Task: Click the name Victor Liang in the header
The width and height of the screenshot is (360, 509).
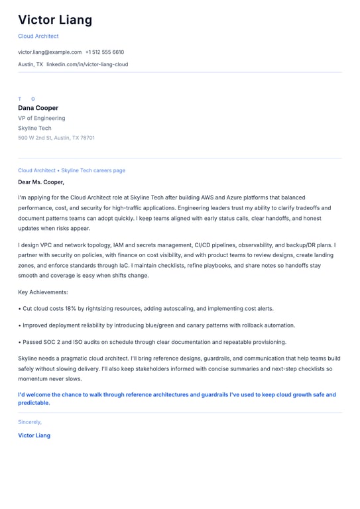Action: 55,20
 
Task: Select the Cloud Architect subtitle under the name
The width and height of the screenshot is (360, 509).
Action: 38,36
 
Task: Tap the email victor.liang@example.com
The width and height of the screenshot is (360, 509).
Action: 50,52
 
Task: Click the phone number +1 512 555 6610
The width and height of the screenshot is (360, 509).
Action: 105,52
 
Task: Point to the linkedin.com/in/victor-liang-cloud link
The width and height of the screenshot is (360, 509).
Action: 88,64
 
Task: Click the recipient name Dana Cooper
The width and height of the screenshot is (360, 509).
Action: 38,108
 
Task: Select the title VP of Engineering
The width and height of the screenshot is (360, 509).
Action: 42,118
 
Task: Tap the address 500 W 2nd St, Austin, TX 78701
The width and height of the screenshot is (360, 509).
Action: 56,138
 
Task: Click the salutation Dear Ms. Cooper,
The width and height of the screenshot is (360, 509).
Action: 41,182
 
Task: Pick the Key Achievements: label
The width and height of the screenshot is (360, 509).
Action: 43,292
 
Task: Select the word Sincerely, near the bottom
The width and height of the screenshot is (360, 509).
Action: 30,422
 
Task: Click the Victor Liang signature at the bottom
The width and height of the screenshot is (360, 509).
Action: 34,435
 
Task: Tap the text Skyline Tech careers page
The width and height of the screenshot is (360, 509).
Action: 93,170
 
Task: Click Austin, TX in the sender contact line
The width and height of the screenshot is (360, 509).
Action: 30,64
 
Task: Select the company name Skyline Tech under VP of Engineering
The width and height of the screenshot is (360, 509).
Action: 34,128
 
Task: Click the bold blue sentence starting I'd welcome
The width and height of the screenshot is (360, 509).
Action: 177,398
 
